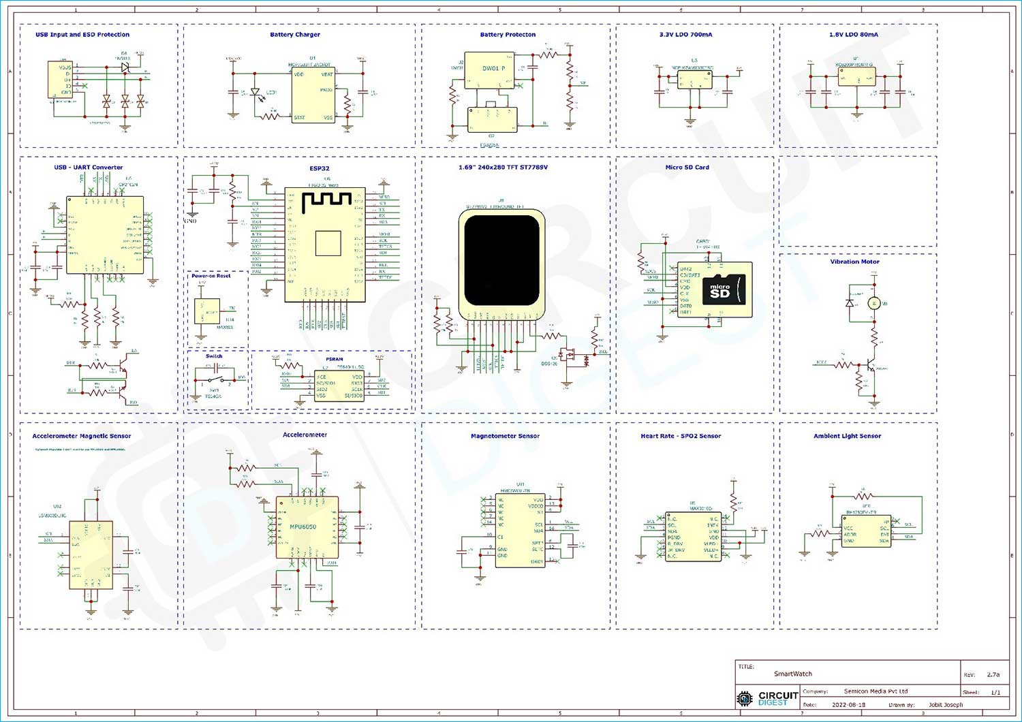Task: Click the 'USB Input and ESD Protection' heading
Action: point(82,35)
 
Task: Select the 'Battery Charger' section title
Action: point(295,35)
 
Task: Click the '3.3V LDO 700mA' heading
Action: point(685,35)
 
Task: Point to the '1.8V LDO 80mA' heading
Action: point(853,35)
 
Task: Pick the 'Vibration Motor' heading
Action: point(854,262)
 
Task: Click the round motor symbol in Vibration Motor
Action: point(873,303)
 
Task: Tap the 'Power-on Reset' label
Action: point(211,276)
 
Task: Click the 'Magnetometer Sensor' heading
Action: point(505,436)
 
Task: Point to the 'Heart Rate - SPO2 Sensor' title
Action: point(680,436)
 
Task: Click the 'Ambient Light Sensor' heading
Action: point(847,436)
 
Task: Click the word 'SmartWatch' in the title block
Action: point(792,674)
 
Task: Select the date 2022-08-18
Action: point(848,705)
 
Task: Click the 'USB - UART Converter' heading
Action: point(89,168)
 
